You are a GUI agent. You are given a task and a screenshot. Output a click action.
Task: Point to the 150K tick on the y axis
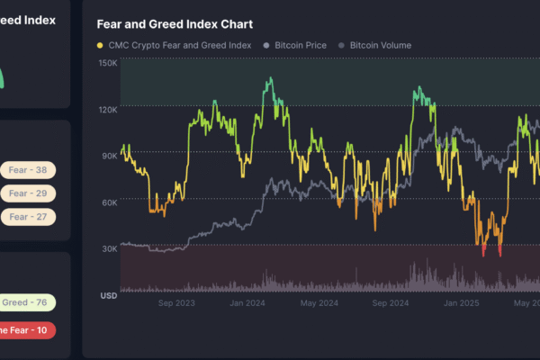[x=108, y=63]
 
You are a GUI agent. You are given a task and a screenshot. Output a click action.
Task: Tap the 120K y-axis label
[x=108, y=110]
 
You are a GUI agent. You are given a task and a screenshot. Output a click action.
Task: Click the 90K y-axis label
[x=109, y=156]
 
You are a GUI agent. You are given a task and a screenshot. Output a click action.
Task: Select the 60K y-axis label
[x=109, y=202]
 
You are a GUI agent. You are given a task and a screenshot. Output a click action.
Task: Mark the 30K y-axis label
[x=109, y=249]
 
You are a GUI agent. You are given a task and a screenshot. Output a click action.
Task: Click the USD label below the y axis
[x=108, y=295]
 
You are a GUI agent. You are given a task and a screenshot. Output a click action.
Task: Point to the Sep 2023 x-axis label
[x=176, y=303]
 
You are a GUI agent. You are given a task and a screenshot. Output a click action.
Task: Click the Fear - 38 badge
[x=29, y=169]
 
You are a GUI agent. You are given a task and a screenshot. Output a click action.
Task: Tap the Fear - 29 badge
[x=29, y=193]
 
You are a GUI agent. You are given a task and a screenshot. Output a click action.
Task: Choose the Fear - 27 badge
[x=29, y=216]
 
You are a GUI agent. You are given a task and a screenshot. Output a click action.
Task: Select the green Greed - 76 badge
[x=27, y=303]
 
